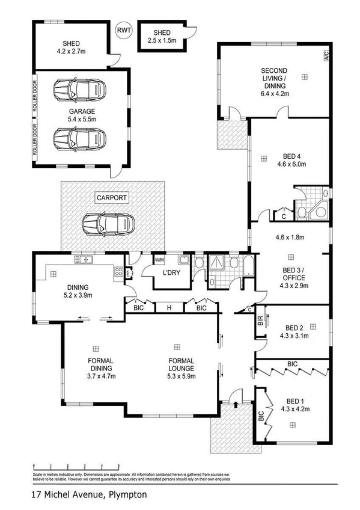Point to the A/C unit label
326,58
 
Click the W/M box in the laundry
159,260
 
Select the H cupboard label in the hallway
169,308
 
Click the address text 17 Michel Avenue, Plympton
88,495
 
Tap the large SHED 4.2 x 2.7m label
72,47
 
